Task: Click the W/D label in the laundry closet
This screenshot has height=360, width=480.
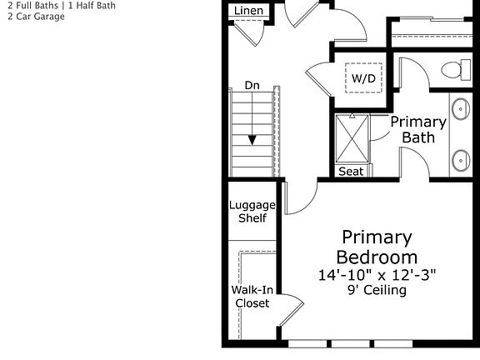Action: pyautogui.click(x=362, y=77)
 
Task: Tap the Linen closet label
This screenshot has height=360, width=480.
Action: pyautogui.click(x=248, y=10)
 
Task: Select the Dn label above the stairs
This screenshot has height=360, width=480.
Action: pyautogui.click(x=252, y=85)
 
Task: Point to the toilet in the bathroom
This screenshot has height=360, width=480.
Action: pyautogui.click(x=451, y=70)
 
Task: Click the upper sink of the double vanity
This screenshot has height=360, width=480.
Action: pyautogui.click(x=461, y=107)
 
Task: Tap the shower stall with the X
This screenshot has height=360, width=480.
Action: pyautogui.click(x=352, y=137)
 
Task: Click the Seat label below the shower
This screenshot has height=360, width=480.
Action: pyautogui.click(x=351, y=172)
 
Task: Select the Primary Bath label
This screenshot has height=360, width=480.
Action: pyautogui.click(x=418, y=129)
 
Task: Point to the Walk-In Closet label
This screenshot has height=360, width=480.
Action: pyautogui.click(x=251, y=297)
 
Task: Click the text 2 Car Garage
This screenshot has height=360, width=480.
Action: pyautogui.click(x=32, y=16)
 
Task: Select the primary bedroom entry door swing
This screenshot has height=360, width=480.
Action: pyautogui.click(x=300, y=198)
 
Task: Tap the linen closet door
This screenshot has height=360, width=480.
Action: pyautogui.click(x=247, y=32)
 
